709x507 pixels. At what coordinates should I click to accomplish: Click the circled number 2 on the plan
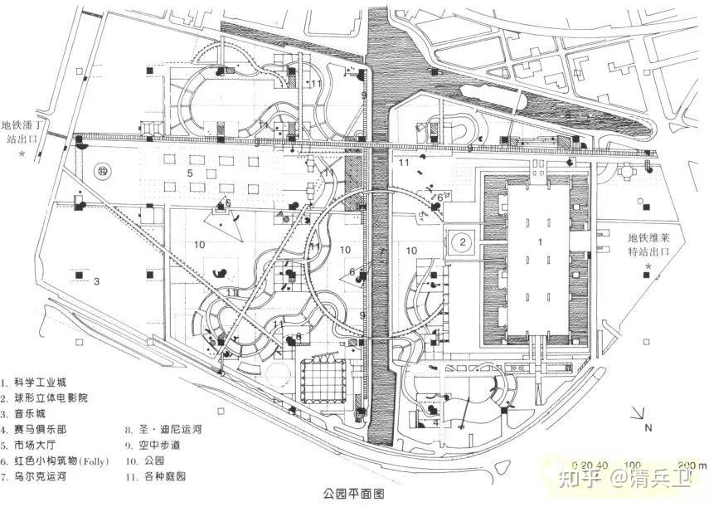(x=464, y=242)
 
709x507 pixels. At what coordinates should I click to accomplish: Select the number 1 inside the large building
(x=541, y=241)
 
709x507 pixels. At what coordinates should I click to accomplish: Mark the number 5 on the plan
(x=189, y=173)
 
